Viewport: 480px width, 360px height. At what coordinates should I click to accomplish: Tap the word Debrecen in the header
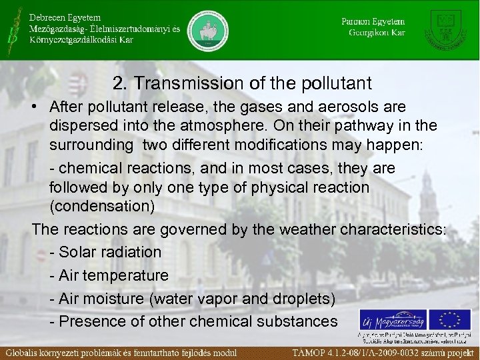point(50,17)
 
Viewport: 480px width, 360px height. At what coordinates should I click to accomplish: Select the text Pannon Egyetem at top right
point(373,21)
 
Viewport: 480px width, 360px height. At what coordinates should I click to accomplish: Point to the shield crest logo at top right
point(448,29)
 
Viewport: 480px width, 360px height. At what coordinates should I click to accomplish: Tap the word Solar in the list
point(78,252)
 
